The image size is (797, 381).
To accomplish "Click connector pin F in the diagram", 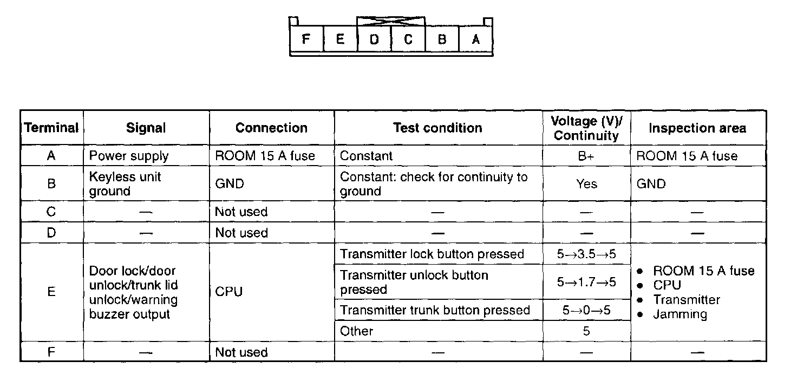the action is click(x=306, y=40).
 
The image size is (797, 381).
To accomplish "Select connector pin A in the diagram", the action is click(x=476, y=40).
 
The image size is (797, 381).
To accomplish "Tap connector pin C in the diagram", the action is click(x=408, y=40).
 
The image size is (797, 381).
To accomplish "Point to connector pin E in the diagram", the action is click(x=340, y=40).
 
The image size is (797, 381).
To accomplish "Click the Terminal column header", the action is click(x=52, y=128).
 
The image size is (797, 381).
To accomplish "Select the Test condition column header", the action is click(x=437, y=128).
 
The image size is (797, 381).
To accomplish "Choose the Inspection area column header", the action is click(x=697, y=128).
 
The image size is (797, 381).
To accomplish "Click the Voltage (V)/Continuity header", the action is click(x=586, y=128).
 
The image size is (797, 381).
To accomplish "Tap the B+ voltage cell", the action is click(x=586, y=156).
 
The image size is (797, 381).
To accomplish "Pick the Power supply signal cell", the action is click(x=129, y=156).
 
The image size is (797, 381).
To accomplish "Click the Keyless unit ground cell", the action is click(x=125, y=184).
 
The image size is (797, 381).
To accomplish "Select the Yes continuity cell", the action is click(x=586, y=184).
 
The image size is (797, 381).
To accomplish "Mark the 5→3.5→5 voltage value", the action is click(x=586, y=254).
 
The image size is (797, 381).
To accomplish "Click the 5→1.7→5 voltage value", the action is click(x=586, y=282).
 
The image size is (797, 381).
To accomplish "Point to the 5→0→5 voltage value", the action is click(x=586, y=311).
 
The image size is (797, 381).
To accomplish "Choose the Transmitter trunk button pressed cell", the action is click(x=435, y=311).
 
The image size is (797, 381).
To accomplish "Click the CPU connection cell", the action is click(x=228, y=292).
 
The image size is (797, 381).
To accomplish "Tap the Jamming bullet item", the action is click(x=680, y=314).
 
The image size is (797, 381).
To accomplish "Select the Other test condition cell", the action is click(x=357, y=331).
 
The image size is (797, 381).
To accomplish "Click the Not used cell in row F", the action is click(x=241, y=352).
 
